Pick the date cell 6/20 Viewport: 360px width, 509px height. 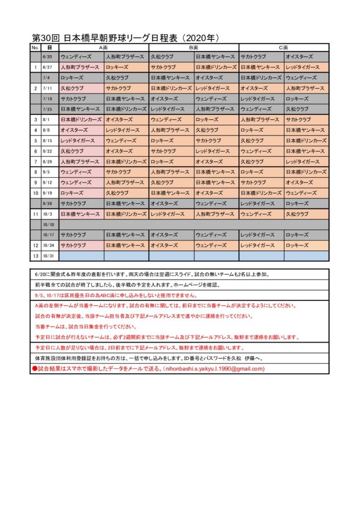coord(48,56)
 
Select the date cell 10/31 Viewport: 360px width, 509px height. coord(48,256)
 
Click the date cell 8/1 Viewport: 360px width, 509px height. coord(48,120)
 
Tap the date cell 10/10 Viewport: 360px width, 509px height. coord(48,224)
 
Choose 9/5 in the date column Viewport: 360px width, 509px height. coord(48,172)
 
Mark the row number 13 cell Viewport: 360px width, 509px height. coord(35,256)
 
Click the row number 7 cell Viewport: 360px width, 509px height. coord(35,161)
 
